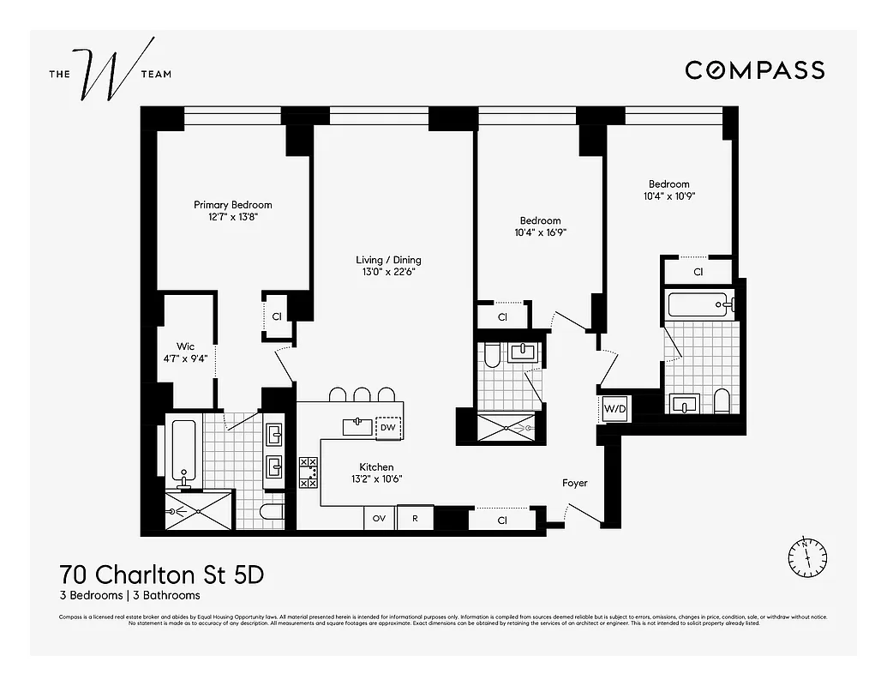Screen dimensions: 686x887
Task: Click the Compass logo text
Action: (754, 70)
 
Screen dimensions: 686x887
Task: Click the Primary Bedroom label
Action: (232, 205)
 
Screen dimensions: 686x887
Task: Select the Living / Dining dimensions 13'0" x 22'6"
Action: (388, 273)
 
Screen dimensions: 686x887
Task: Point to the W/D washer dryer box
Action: (615, 409)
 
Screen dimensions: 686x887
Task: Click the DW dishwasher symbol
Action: (388, 427)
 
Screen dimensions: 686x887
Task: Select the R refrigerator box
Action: (415, 519)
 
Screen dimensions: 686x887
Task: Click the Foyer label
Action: (575, 483)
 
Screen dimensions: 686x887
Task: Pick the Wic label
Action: (186, 346)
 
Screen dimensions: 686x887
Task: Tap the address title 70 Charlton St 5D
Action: (161, 575)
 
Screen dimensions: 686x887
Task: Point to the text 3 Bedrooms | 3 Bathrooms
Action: (129, 595)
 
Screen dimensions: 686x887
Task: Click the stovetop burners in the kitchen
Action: (309, 472)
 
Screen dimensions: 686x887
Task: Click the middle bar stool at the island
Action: (363, 394)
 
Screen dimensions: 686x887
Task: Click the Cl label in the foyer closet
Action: (501, 521)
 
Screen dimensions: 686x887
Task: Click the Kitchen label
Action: (376, 467)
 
